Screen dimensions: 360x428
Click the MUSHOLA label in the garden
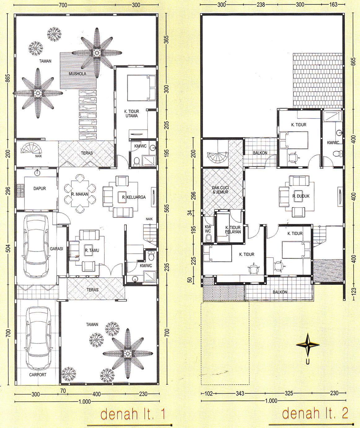77,74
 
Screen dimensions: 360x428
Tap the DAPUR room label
40,188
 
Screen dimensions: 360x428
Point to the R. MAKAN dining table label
80,194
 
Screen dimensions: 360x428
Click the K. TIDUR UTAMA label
132,114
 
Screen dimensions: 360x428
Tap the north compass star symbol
308,345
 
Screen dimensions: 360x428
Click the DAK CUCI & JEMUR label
220,190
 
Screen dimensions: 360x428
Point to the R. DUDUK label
301,196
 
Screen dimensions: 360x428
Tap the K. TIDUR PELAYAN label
233,229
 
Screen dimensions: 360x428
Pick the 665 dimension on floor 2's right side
353,61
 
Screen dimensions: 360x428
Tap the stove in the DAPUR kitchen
20,191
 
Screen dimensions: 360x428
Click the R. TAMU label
92,250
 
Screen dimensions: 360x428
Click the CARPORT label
37,375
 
